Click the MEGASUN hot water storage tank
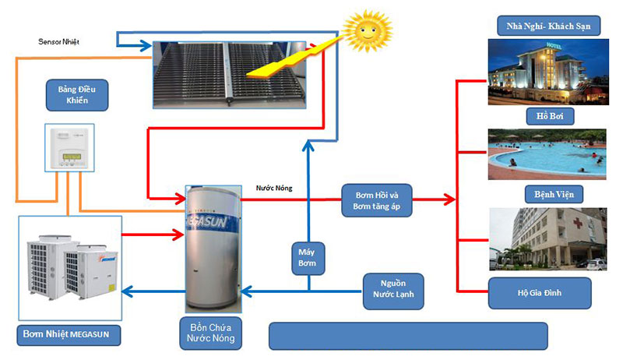213,249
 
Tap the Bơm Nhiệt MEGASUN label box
69,335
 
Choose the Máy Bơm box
306,257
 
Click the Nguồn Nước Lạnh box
393,290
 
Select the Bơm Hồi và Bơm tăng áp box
378,200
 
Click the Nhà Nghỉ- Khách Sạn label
548,26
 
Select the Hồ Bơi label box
550,116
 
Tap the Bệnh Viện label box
550,193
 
